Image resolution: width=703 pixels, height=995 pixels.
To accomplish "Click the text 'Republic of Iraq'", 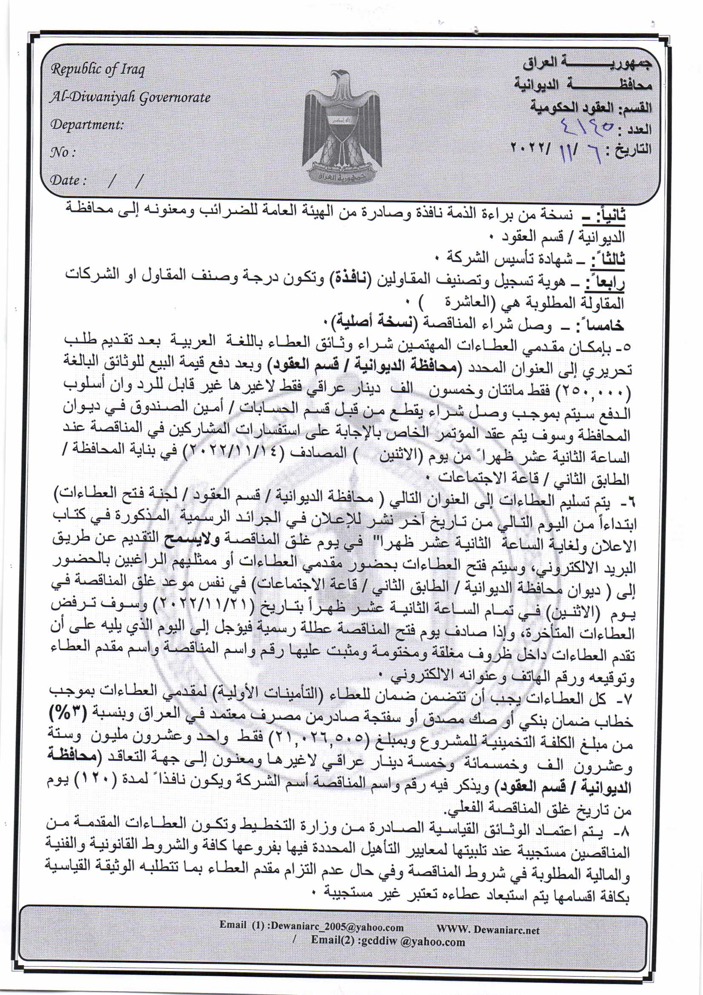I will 98,69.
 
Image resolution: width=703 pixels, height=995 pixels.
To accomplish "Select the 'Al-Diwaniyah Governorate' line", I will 130,97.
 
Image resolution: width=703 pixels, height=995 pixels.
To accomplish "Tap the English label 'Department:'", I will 87,125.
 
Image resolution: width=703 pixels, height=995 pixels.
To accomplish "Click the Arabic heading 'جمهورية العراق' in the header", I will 586,65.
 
